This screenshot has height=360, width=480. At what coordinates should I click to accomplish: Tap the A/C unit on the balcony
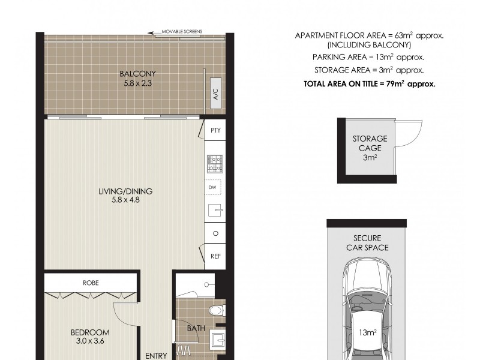point(214,94)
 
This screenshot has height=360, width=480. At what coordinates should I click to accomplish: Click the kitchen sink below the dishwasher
point(214,211)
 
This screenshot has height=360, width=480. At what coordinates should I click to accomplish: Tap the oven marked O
point(214,233)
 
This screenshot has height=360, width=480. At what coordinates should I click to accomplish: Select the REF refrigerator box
point(214,256)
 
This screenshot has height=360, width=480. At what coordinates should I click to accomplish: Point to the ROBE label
point(91,282)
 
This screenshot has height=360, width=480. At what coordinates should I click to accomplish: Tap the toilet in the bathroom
point(215,310)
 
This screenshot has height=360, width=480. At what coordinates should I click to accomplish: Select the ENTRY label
point(156,355)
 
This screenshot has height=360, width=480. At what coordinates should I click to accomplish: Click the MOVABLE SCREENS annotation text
point(182,31)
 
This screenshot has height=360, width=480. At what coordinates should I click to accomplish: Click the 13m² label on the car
point(367,332)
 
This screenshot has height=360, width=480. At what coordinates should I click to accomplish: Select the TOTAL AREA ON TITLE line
point(369,84)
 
